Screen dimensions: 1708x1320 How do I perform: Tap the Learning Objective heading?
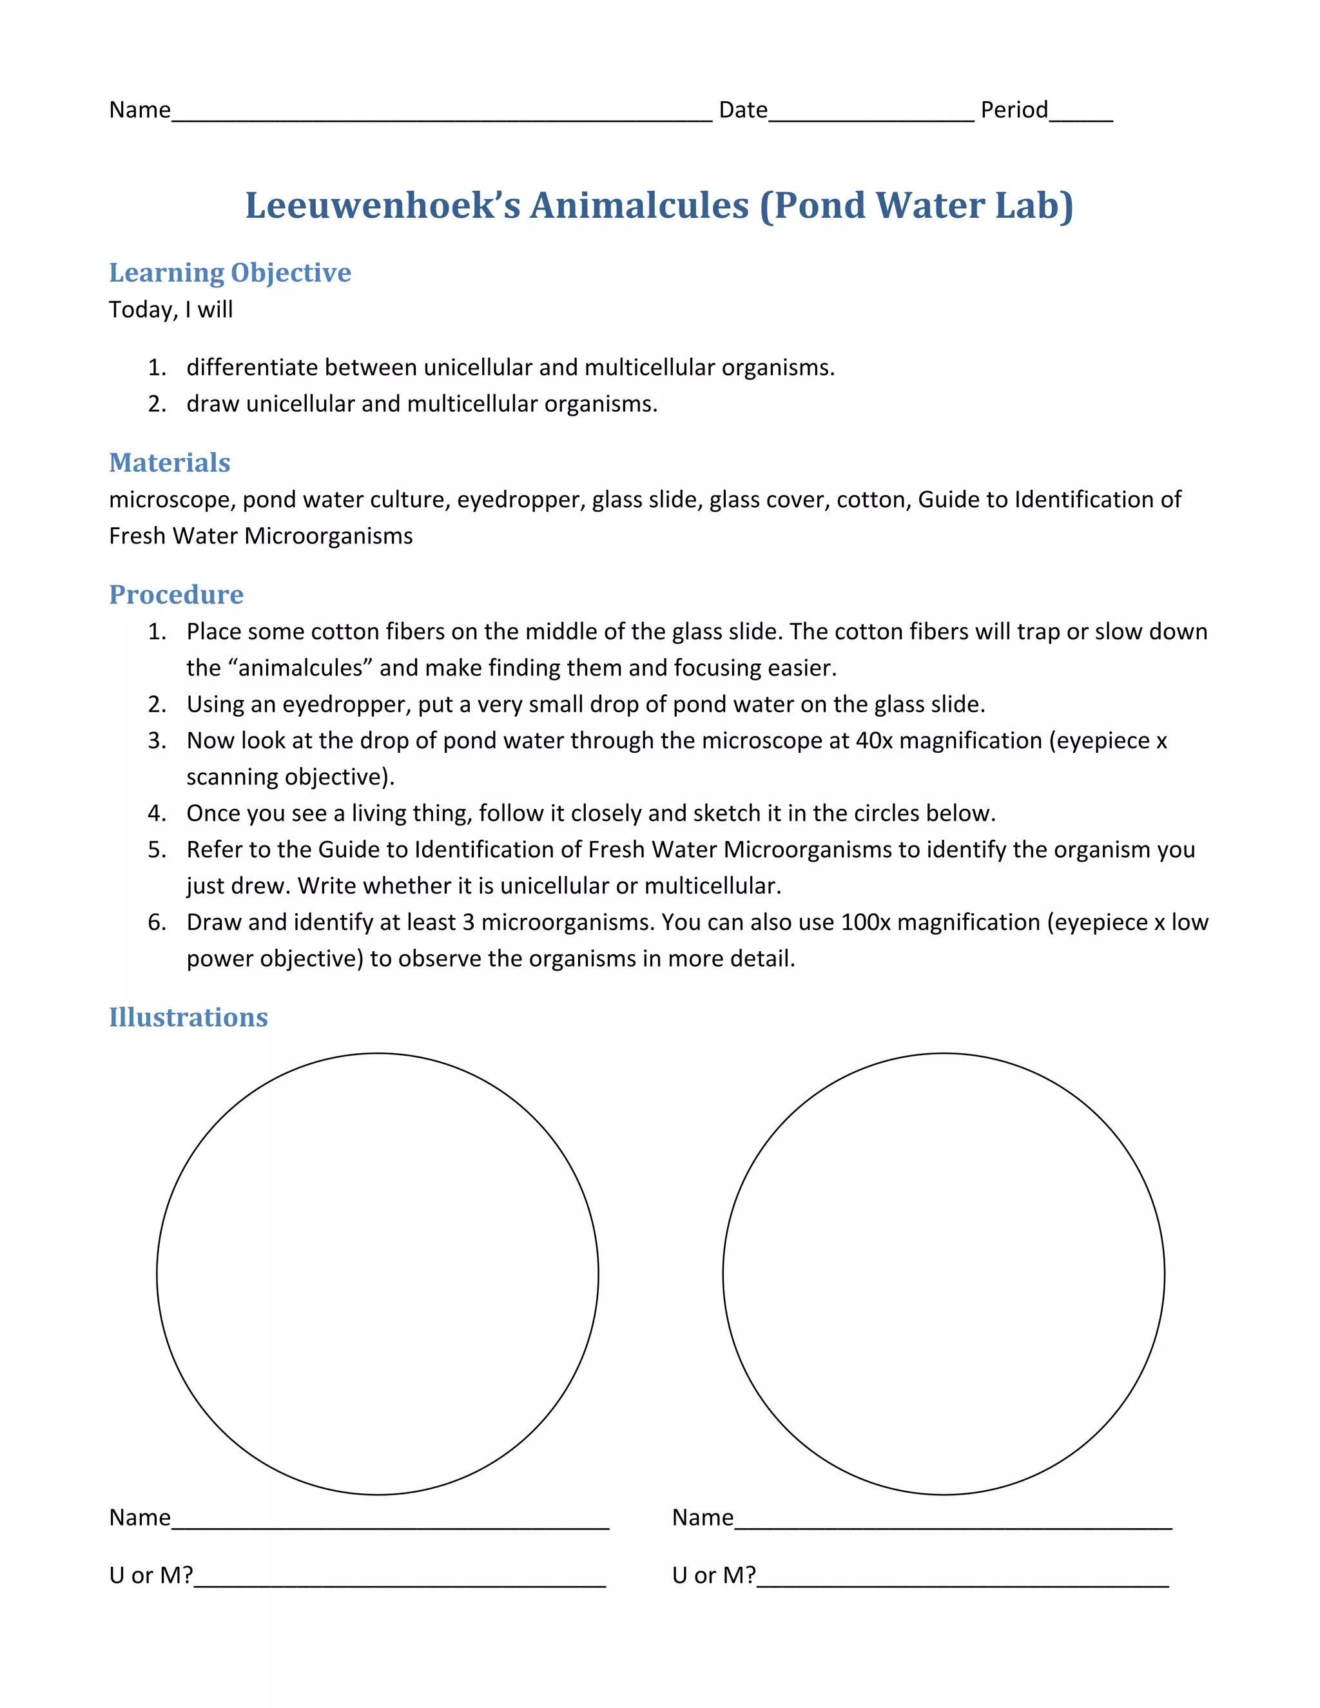[x=230, y=272]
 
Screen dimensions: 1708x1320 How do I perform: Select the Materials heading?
[x=170, y=462]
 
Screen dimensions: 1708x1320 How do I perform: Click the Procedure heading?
[x=176, y=594]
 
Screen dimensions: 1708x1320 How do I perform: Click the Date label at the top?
[x=743, y=110]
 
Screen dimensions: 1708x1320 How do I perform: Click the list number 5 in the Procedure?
[x=157, y=849]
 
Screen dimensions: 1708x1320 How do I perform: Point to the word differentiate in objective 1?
[x=252, y=367]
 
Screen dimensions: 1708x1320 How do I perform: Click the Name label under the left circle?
[x=139, y=1517]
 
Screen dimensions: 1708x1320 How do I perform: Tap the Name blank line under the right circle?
[x=953, y=1525]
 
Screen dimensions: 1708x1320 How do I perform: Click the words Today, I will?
[x=170, y=309]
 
